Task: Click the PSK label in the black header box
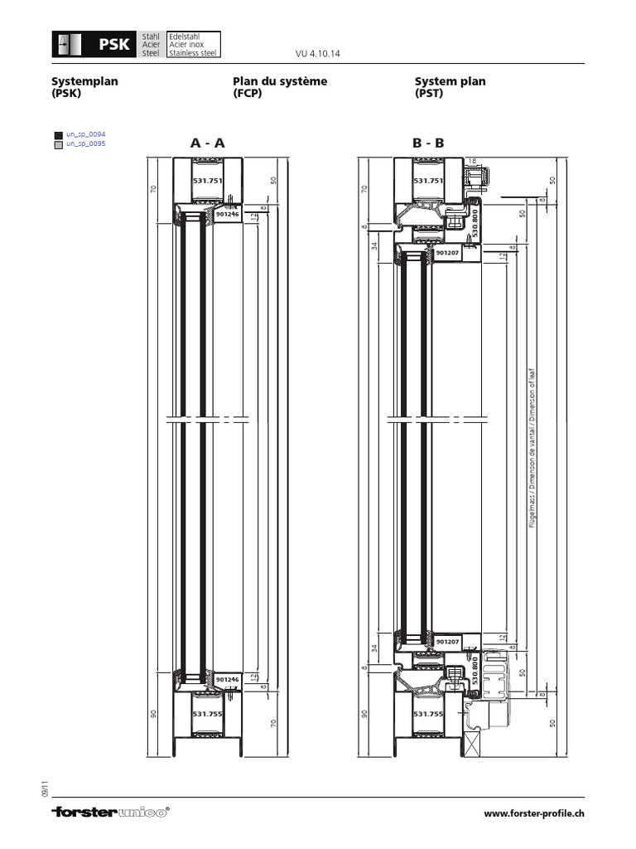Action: click(114, 45)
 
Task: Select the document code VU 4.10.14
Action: click(318, 54)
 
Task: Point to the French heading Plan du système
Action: click(280, 81)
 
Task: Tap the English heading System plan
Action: click(450, 81)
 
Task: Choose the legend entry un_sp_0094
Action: click(86, 133)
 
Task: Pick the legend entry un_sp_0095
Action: click(86, 143)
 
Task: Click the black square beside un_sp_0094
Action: click(57, 134)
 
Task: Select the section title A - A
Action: click(207, 143)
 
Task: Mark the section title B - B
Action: click(428, 143)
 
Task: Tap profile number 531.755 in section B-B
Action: click(428, 713)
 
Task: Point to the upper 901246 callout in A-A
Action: click(226, 213)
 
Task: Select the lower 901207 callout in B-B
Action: click(447, 641)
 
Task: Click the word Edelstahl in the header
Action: click(181, 36)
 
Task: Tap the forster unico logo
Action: click(110, 813)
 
